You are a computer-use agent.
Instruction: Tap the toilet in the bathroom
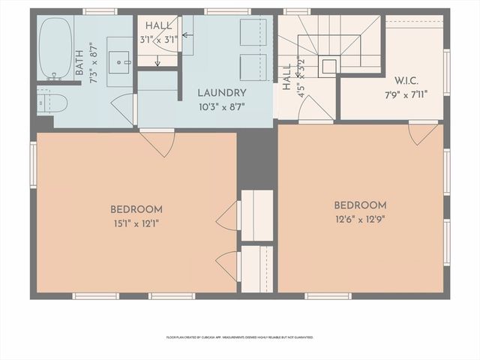click(x=53, y=102)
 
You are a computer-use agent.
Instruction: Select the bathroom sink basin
click(x=119, y=60)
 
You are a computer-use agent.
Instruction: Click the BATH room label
click(x=79, y=63)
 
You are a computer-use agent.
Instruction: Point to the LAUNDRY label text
click(x=221, y=93)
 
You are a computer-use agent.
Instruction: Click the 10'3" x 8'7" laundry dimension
click(x=221, y=107)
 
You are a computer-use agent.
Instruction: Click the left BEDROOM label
click(x=136, y=209)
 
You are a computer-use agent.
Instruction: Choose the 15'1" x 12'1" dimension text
click(x=136, y=223)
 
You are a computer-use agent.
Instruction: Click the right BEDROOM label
click(x=360, y=205)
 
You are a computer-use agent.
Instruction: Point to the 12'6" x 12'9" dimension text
click(x=360, y=219)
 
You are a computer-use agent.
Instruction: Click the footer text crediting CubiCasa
click(x=240, y=337)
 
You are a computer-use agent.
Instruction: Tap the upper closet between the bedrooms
click(x=257, y=215)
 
